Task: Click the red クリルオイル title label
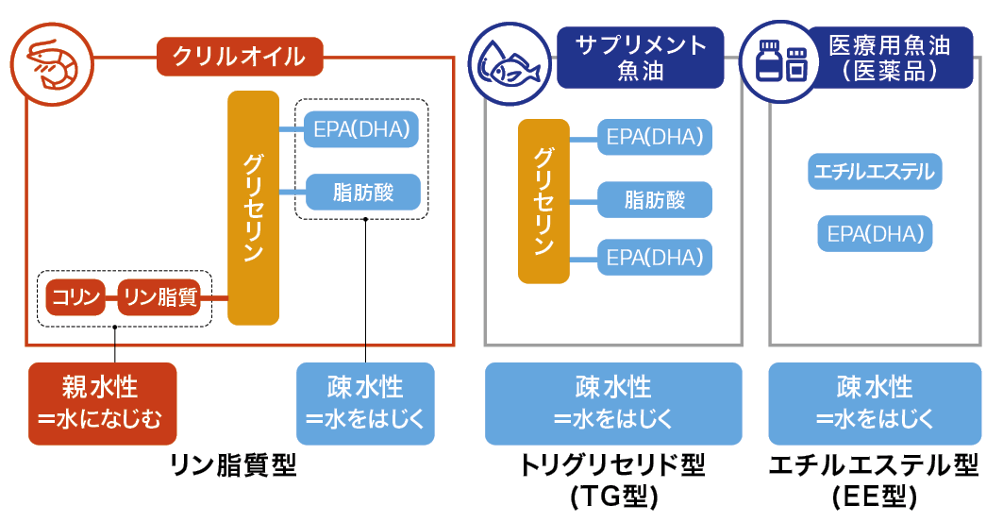click(x=239, y=56)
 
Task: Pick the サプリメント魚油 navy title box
click(x=640, y=57)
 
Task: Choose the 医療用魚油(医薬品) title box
click(x=889, y=57)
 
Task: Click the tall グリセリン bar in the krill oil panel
click(x=253, y=208)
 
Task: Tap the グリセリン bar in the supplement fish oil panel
click(x=543, y=201)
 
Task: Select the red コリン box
click(x=75, y=297)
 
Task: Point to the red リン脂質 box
click(x=159, y=297)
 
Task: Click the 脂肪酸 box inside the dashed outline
click(x=363, y=193)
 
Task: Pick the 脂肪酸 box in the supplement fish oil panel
click(x=654, y=200)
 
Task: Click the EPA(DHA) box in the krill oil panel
click(x=363, y=130)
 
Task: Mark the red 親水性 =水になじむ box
click(x=102, y=403)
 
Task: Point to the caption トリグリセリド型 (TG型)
click(x=612, y=479)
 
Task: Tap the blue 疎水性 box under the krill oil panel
click(x=365, y=403)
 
